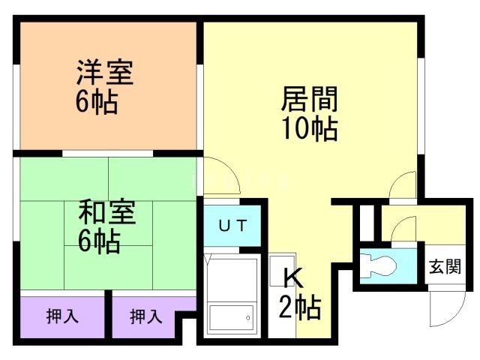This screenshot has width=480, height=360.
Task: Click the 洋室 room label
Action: point(104,74)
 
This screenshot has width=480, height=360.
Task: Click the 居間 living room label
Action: point(309,100)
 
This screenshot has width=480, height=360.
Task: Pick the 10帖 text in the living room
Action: point(309,129)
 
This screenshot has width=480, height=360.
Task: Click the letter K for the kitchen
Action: point(292,278)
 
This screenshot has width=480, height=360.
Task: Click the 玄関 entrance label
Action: point(444,266)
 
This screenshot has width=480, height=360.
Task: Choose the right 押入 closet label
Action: point(145,316)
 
